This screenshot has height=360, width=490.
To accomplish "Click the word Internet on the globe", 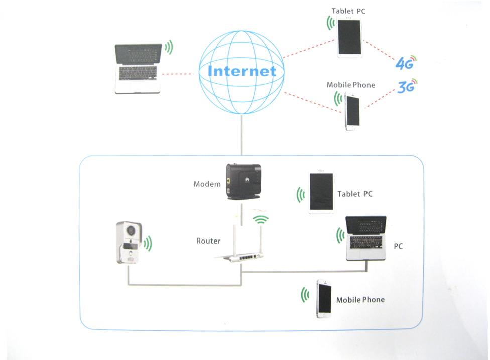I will [242, 71].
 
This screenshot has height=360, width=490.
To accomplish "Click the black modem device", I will [242, 181].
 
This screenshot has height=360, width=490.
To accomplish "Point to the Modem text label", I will [207, 184].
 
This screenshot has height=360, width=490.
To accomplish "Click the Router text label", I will [208, 241].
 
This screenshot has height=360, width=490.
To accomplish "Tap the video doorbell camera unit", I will [129, 243].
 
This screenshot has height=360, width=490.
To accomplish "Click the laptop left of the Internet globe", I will [139, 69].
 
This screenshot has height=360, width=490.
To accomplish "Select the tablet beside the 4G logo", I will [349, 38].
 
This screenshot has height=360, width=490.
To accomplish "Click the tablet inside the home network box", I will [321, 193].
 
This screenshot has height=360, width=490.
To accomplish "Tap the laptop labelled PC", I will [366, 238].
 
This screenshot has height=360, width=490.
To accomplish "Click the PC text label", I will [398, 247].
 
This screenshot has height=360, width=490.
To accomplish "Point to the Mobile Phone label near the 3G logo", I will [350, 85].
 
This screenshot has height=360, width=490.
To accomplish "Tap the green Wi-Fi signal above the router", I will [260, 220].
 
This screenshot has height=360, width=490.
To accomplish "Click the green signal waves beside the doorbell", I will [148, 244].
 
